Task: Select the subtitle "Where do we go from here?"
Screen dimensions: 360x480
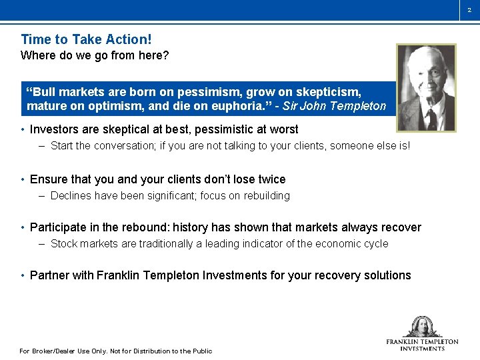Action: point(95,55)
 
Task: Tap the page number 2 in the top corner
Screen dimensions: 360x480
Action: point(469,9)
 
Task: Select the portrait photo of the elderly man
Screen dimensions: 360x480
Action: point(426,87)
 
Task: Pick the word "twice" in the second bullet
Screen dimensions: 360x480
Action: point(271,179)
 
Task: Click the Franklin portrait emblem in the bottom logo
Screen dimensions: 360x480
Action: point(422,326)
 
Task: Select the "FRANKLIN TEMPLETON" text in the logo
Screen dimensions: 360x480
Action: point(422,341)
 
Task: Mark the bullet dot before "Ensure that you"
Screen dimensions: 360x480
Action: point(23,180)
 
